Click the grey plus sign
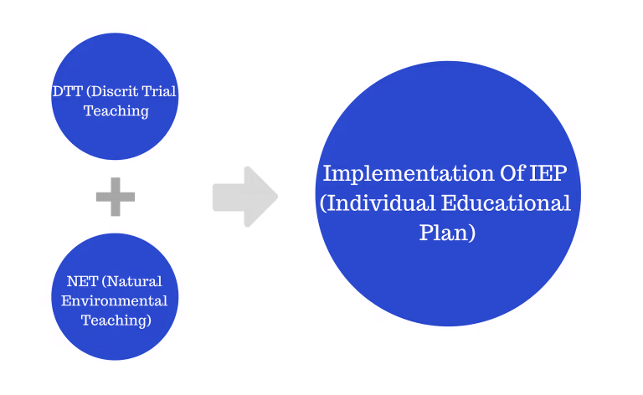pos(116,197)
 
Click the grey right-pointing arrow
pos(245,197)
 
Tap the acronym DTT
pos(68,91)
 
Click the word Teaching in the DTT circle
pos(116,111)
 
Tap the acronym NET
pos(82,281)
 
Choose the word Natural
pos(135,281)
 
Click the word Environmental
pos(115,301)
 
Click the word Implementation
pos(409,174)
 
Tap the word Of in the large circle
pos(512,173)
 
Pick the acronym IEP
pos(548,173)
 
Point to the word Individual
pos(381,203)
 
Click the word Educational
pos(506,203)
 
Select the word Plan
pos(444,233)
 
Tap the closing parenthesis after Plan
pos(472,233)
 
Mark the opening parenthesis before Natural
pos(105,282)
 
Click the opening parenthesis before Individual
pos(323,204)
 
